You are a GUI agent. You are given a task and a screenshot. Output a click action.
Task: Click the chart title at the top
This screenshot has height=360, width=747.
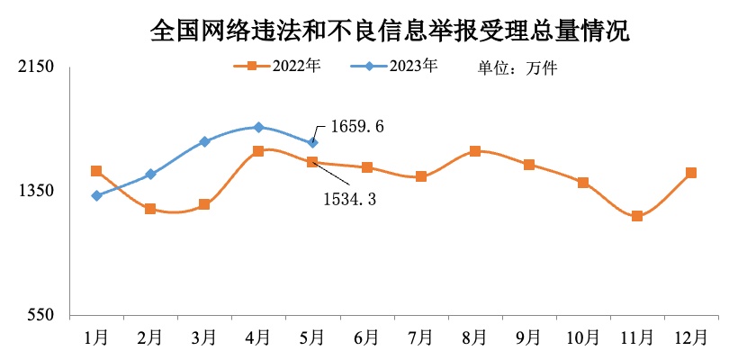pyautogui.click(x=390, y=32)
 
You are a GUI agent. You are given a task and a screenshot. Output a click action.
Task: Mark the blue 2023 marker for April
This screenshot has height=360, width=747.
pyautogui.click(x=258, y=128)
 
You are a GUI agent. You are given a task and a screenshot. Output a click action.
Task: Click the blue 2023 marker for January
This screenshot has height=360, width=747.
pyautogui.click(x=96, y=195)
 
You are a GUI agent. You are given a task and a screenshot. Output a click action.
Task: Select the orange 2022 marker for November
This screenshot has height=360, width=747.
pyautogui.click(x=637, y=216)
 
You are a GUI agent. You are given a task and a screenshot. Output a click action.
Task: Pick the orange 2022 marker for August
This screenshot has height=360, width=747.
pyautogui.click(x=475, y=151)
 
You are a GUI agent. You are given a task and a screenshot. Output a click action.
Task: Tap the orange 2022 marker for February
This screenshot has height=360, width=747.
pyautogui.click(x=150, y=209)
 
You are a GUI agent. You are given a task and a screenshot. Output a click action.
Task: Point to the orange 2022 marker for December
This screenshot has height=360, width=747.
pyautogui.click(x=691, y=173)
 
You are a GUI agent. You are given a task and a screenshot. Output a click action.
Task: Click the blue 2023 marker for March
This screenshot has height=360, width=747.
pyautogui.click(x=204, y=141)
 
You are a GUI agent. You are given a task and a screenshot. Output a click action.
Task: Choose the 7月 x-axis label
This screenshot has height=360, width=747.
pyautogui.click(x=420, y=337)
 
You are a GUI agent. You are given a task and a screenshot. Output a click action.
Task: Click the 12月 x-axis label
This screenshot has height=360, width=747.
pyautogui.click(x=691, y=337)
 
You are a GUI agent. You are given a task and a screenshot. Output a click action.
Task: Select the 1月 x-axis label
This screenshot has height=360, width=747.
pyautogui.click(x=96, y=337)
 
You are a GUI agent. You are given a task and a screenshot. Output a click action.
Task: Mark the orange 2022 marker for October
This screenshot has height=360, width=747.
pyautogui.click(x=583, y=183)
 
